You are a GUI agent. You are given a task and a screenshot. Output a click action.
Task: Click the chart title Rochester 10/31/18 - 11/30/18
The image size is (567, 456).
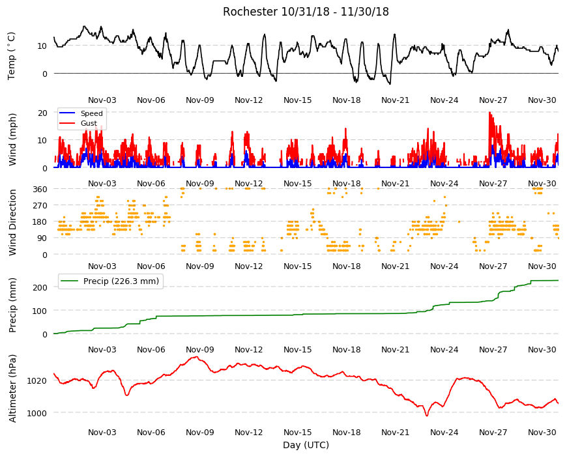pyautogui.click(x=306, y=12)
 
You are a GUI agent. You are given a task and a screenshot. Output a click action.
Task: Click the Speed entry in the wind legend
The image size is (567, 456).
pyautogui.click(x=91, y=113)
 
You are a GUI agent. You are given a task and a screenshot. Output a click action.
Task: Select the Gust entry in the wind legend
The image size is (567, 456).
pyautogui.click(x=89, y=123)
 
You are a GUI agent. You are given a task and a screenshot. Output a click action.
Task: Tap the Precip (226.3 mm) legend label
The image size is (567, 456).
pyautogui.click(x=121, y=281)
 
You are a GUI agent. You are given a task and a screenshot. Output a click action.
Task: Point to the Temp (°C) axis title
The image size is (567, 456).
pyautogui.click(x=12, y=56)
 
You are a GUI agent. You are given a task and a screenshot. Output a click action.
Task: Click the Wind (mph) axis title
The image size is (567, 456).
pyautogui.click(x=12, y=139)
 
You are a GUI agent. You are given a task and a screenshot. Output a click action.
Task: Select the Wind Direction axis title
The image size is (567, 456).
pyautogui.click(x=12, y=222)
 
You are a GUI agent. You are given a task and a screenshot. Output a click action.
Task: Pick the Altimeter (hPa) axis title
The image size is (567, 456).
pyautogui.click(x=12, y=388)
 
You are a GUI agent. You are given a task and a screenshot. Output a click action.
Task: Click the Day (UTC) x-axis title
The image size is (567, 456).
pyautogui.click(x=306, y=445)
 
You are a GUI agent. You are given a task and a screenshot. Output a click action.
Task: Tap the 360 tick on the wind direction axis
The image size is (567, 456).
pyautogui.click(x=40, y=189)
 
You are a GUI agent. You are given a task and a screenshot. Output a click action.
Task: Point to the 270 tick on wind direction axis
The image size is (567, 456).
pyautogui.click(x=40, y=205)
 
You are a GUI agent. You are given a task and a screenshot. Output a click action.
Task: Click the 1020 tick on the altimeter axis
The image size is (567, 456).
pyautogui.click(x=37, y=380)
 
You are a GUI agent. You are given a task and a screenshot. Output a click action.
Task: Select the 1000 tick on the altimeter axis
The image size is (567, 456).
pyautogui.click(x=37, y=413)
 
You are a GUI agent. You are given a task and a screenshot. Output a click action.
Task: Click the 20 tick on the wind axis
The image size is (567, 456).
pyautogui.click(x=42, y=113)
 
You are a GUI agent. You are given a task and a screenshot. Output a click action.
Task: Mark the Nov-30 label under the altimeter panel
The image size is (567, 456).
pyautogui.click(x=542, y=432)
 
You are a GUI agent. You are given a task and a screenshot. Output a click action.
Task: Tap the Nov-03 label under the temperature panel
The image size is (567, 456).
pyautogui.click(x=102, y=100)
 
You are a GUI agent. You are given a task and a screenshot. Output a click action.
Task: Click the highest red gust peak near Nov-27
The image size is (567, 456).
pyautogui.click(x=490, y=113)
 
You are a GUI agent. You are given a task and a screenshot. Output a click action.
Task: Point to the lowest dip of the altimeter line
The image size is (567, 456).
pyautogui.click(x=427, y=416)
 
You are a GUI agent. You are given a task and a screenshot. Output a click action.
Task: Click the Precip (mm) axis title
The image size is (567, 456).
pyautogui.click(x=12, y=305)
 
